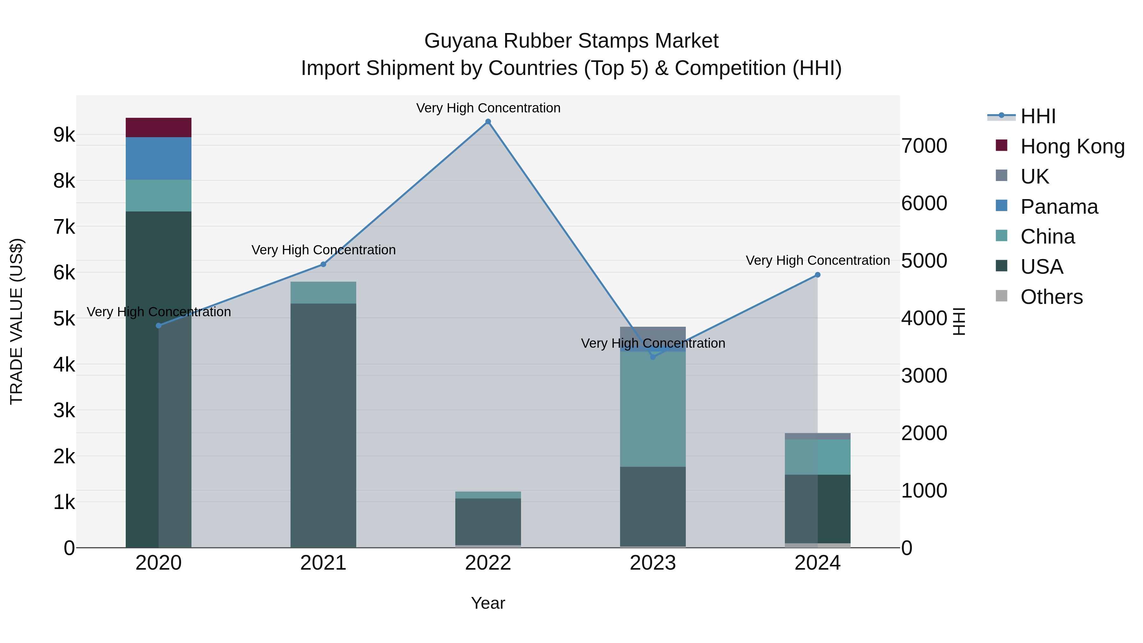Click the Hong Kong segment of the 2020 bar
[158, 127]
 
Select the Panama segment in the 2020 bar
[158, 158]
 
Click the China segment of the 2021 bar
[323, 292]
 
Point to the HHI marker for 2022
[488, 122]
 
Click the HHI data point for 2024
[818, 275]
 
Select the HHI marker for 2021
[323, 265]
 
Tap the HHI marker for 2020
[159, 326]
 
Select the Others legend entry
[1051, 297]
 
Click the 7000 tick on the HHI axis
[924, 146]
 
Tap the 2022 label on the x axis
[488, 563]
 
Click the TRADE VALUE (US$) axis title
[17, 321]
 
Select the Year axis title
[488, 603]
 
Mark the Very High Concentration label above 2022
[488, 108]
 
